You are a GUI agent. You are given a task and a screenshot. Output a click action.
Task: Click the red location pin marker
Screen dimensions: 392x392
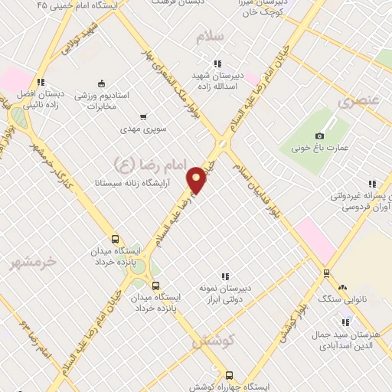click(x=197, y=179)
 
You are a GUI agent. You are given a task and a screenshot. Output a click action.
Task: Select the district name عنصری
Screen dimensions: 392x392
click(x=358, y=100)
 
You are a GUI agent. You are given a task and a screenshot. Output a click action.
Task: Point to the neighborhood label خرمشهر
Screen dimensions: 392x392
click(x=34, y=262)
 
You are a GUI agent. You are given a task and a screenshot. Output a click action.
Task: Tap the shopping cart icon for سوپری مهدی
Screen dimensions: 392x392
click(x=142, y=117)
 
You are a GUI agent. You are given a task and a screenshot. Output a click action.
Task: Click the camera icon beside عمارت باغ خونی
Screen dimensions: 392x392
click(x=319, y=136)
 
